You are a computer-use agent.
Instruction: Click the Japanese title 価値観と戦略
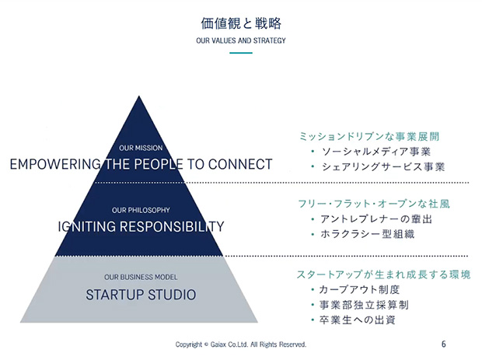pos(241,23)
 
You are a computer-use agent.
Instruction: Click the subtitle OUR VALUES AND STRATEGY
pos(241,40)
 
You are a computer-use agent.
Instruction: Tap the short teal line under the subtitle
pos(241,53)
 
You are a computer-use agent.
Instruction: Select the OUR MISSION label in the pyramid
pos(141,148)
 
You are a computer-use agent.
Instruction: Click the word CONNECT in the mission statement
pos(240,164)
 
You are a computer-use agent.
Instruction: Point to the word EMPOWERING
pos(55,164)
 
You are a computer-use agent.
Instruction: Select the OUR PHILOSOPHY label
pos(141,210)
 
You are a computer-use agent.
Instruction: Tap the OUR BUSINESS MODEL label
pos(141,278)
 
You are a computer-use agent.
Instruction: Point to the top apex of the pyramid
pos(139,96)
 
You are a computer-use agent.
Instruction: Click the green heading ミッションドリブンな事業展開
pos(369,136)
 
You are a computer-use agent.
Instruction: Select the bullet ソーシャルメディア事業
pos(376,152)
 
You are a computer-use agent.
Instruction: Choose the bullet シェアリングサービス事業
pos(383,166)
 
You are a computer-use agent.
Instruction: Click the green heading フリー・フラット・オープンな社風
pos(374,204)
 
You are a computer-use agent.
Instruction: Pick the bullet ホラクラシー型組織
pos(368,234)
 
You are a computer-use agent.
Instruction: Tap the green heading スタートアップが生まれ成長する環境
pos(383,274)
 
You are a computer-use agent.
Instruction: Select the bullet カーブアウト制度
pos(359,289)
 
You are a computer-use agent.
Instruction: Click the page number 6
pos(444,344)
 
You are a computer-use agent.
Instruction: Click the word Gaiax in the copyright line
pos(218,344)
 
